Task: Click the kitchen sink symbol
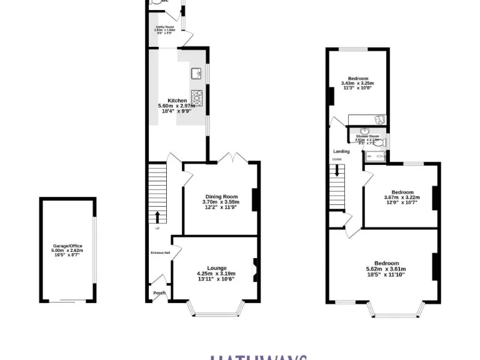pyautogui.click(x=196, y=74)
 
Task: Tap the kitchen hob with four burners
pyautogui.click(x=198, y=96)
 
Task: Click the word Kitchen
pyautogui.click(x=177, y=101)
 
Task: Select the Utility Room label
pyautogui.click(x=165, y=27)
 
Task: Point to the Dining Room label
pyautogui.click(x=221, y=197)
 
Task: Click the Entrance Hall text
pyautogui.click(x=161, y=252)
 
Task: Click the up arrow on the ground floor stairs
pyautogui.click(x=157, y=216)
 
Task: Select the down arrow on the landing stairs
pyautogui.click(x=337, y=171)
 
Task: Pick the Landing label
pyautogui.click(x=341, y=151)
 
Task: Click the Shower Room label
pyautogui.click(x=367, y=136)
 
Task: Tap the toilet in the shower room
pyautogui.click(x=381, y=143)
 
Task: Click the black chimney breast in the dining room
pyautogui.click(x=255, y=199)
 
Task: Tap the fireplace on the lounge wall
pyautogui.click(x=255, y=271)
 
